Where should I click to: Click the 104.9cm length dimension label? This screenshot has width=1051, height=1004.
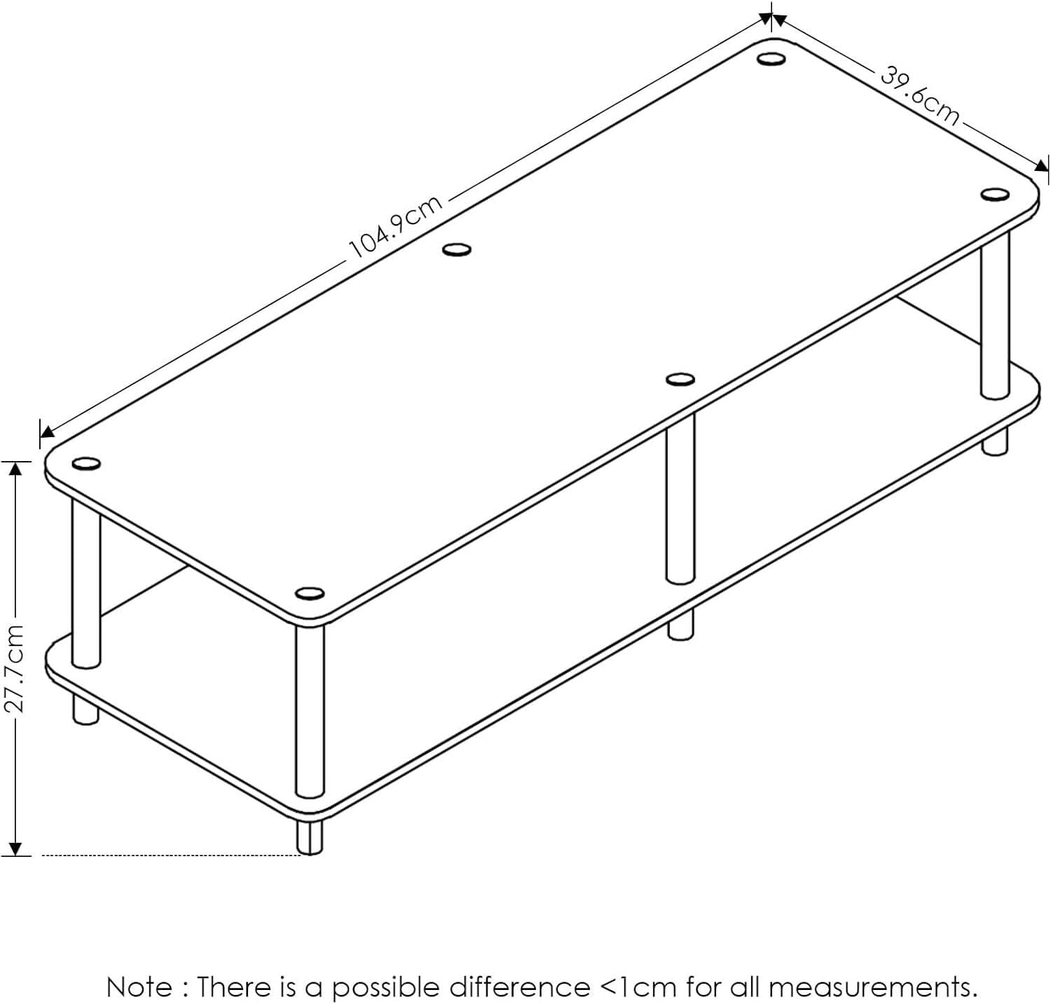396,226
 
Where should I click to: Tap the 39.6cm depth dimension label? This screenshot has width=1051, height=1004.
919,95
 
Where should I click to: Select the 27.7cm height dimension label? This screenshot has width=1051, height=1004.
15,668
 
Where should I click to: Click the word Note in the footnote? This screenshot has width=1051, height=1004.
139,987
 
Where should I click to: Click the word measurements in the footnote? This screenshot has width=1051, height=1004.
873,987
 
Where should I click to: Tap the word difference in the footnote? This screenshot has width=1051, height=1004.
519,987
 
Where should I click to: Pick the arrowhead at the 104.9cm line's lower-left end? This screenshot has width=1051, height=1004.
47,431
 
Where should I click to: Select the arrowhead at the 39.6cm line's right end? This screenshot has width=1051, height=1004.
1041,166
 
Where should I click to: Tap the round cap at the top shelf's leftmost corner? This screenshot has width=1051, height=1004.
86,464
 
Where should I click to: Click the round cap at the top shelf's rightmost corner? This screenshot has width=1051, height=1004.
994,195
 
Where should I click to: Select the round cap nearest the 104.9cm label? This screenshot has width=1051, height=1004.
457,249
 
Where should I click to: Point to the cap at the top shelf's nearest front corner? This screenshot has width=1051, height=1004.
309,594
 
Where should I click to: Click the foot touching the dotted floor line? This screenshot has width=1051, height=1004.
310,837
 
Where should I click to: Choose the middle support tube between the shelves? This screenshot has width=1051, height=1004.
680,497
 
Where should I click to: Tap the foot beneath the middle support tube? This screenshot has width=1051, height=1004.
680,624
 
